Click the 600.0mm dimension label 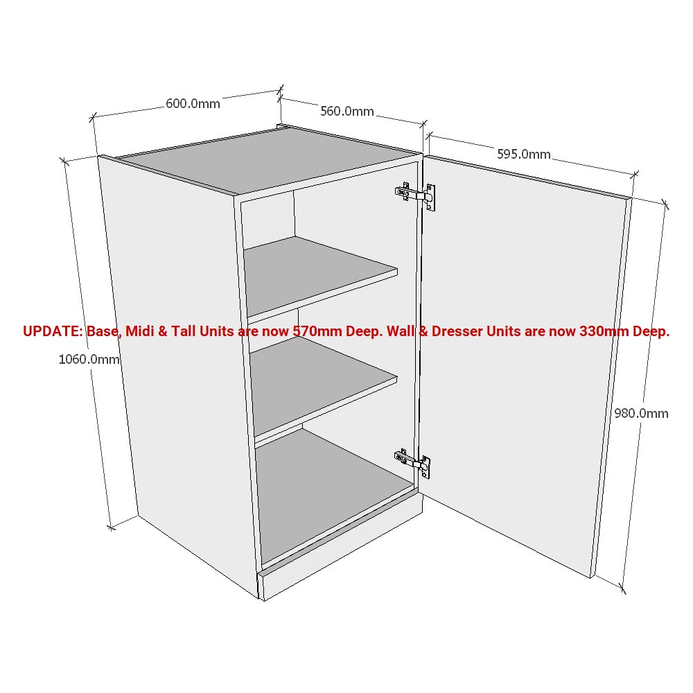click(193, 104)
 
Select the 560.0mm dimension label click(346, 111)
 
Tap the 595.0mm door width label click(523, 155)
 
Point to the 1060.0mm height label click(89, 359)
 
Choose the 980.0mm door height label click(641, 413)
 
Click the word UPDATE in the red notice click(53, 331)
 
